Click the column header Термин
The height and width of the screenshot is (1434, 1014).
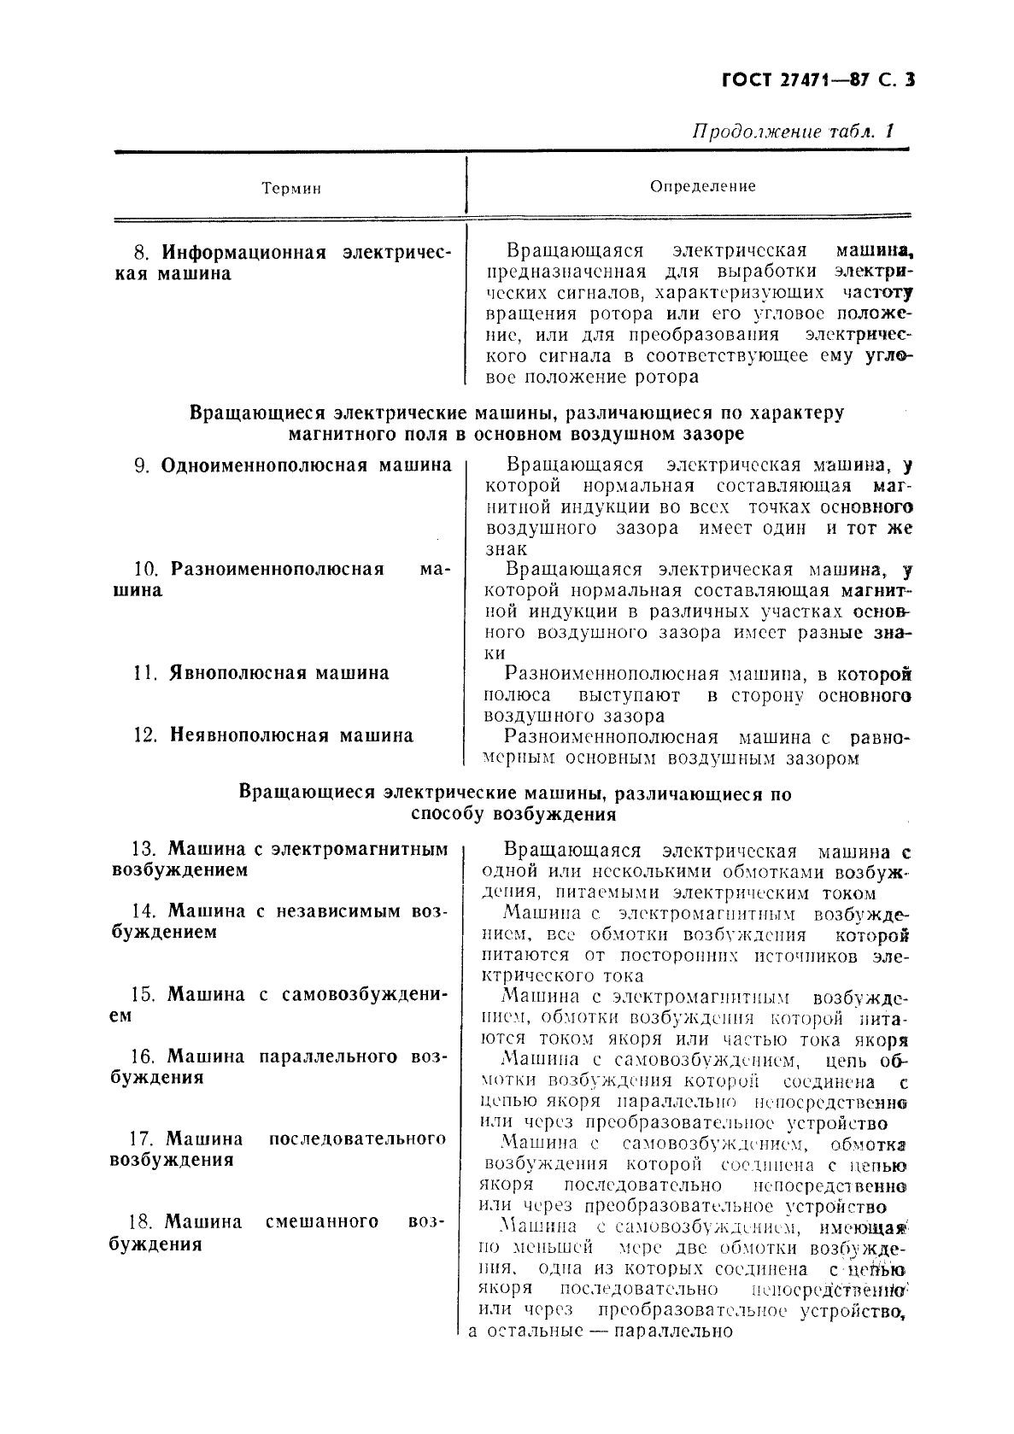click(291, 188)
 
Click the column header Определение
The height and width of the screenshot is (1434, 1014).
click(703, 185)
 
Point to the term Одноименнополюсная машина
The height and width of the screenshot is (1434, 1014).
click(306, 465)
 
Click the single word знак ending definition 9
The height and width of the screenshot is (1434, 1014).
click(506, 549)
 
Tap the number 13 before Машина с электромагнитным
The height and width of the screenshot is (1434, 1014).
click(142, 850)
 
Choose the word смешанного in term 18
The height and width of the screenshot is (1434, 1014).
click(322, 1221)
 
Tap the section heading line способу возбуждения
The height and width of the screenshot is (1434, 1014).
click(513, 815)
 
